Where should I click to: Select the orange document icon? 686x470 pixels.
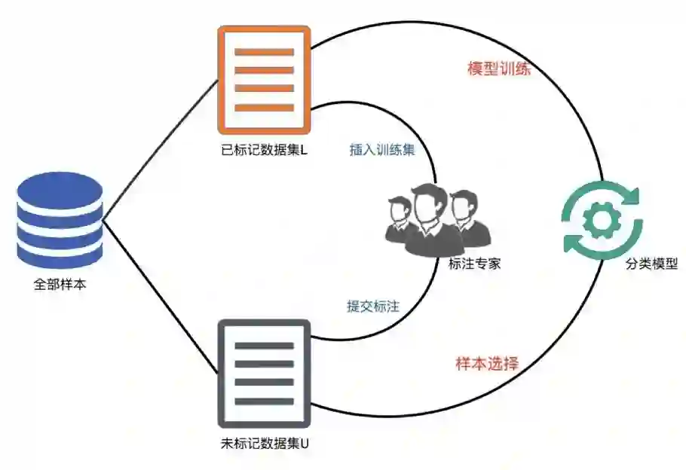pos(264,79)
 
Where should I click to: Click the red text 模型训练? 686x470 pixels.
pos(499,69)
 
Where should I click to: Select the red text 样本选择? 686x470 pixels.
pos(487,363)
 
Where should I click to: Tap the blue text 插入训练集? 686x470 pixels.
pos(382,149)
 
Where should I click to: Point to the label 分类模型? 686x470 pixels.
pos(652,265)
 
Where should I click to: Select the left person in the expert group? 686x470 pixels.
pos(397,218)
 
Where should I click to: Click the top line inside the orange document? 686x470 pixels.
pos(264,52)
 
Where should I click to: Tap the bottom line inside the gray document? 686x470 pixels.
pos(264,400)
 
